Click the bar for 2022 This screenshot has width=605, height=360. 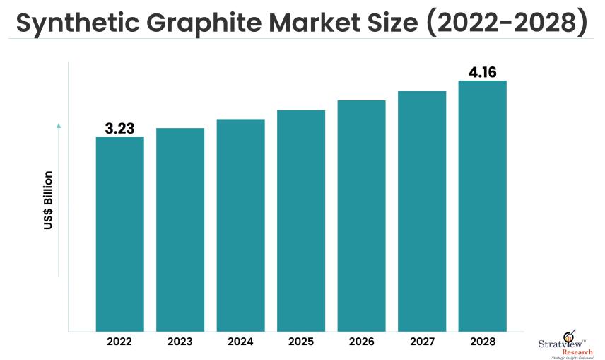(x=120, y=233)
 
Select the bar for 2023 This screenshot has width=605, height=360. (x=180, y=229)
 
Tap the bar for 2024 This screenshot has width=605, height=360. (x=241, y=225)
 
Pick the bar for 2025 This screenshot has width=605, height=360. (x=301, y=220)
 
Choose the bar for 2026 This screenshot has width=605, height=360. (x=361, y=216)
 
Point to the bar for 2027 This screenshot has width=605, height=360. (x=422, y=211)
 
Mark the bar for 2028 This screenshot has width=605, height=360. (x=483, y=206)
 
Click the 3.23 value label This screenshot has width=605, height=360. (x=120, y=128)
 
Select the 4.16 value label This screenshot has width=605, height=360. (x=483, y=72)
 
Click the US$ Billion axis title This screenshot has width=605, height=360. (x=49, y=201)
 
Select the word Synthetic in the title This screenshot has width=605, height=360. (x=78, y=23)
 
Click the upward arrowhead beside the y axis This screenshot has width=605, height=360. (x=59, y=126)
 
